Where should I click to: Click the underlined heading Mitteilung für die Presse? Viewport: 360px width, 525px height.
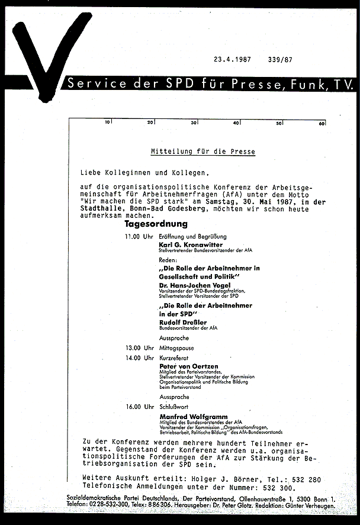coord(202,152)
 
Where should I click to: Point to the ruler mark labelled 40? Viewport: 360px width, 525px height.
coord(236,123)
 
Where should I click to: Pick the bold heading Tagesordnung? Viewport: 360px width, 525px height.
coord(156,224)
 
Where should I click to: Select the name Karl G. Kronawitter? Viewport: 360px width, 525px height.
coord(189,244)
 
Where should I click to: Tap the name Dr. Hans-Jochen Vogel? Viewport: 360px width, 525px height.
coord(192,285)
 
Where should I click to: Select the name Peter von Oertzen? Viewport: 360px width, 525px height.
coord(188,366)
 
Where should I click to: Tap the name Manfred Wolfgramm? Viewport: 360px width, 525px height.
coord(194,417)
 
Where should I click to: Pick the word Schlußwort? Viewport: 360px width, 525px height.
coord(173,407)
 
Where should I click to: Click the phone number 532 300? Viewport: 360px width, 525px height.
coord(278,488)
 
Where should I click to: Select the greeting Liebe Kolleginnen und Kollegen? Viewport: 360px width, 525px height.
coord(145,173)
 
